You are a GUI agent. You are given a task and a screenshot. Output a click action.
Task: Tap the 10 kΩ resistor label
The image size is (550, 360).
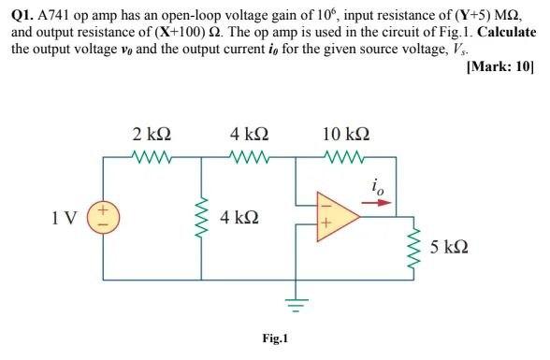[343, 135]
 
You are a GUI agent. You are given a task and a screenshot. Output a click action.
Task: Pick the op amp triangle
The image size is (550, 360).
[336, 219]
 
